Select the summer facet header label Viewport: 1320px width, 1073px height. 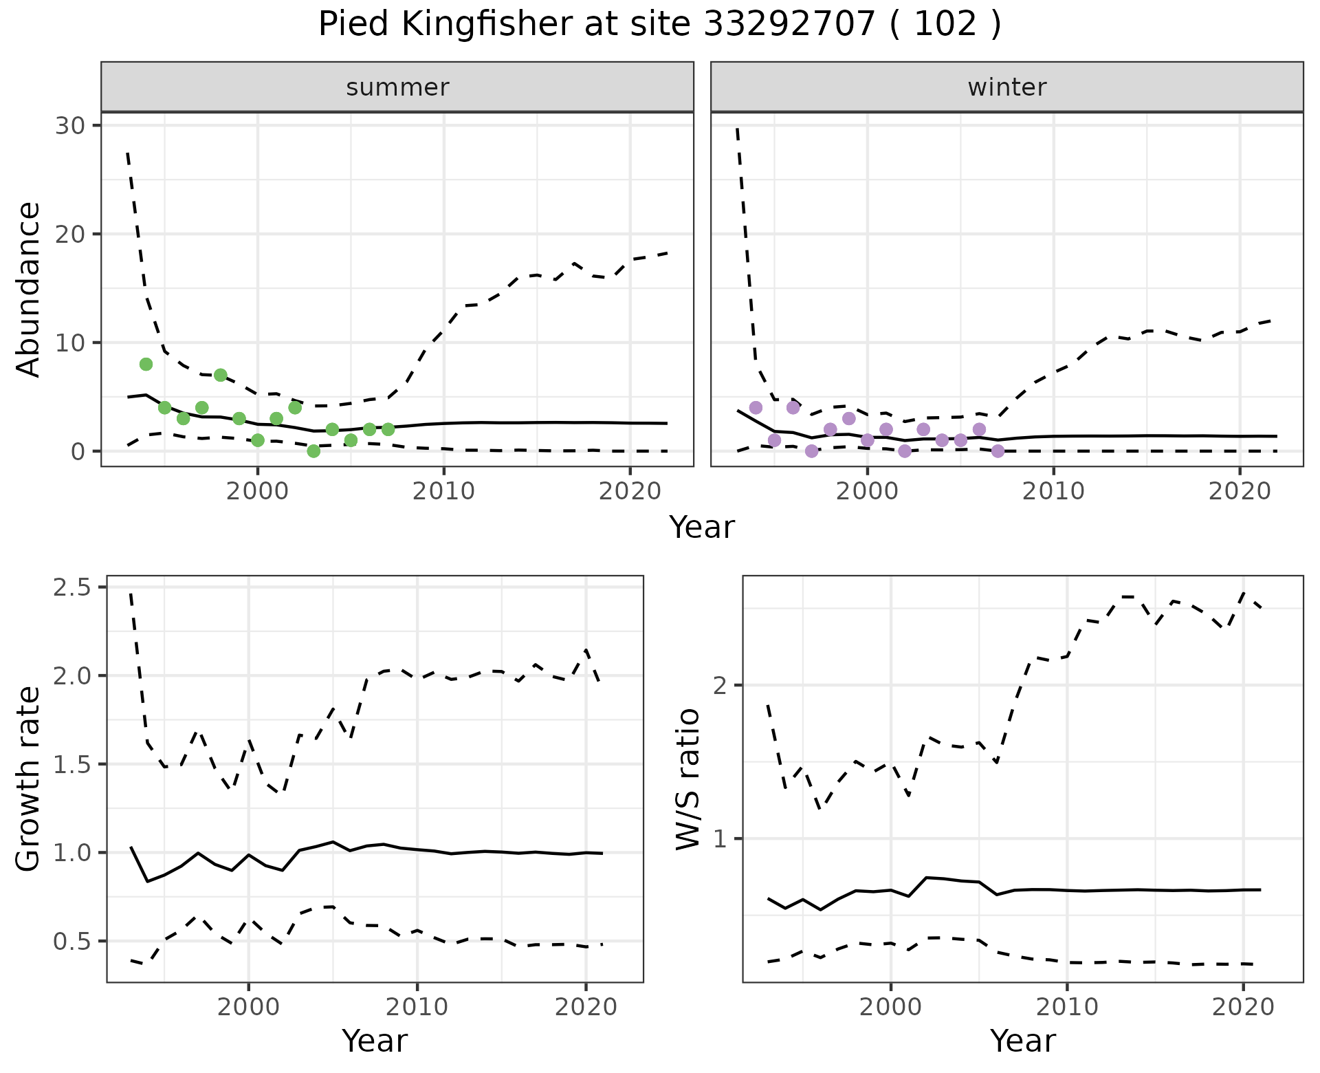coord(397,87)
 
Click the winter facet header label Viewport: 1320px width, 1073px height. coord(1006,87)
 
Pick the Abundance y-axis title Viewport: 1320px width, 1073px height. coord(29,289)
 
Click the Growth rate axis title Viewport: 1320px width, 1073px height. coord(29,779)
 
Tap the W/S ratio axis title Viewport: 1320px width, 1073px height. coord(687,779)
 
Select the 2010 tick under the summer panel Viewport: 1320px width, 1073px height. coord(443,492)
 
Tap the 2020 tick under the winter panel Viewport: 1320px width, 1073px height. coord(1239,492)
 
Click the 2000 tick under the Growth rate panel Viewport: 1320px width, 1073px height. coord(248,1008)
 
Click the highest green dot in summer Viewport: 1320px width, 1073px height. coord(146,364)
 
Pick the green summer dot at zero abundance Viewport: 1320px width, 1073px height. coord(313,451)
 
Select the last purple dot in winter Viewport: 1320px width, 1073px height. coord(998,451)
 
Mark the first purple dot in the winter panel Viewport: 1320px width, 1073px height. coord(756,408)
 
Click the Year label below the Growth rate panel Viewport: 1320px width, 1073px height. coord(374,1041)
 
